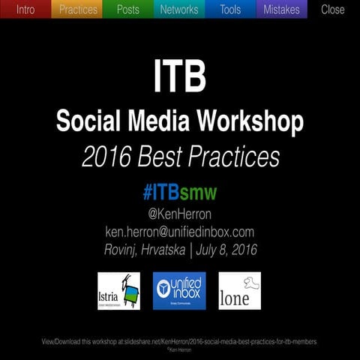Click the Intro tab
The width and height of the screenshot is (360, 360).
pos(25,10)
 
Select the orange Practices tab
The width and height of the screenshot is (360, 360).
pos(78,10)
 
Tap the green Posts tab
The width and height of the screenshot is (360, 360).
pos(128,10)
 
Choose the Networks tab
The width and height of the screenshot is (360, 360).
pos(179,10)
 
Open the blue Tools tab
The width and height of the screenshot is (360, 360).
pos(230,10)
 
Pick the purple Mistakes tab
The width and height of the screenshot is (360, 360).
pos(281,10)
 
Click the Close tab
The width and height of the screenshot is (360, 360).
pos(333,10)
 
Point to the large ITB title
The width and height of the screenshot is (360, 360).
pos(179,76)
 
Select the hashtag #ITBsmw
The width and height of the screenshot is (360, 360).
pos(179,193)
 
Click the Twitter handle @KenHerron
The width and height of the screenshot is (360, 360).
pos(179,214)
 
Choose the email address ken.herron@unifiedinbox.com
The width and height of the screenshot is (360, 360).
pos(179,232)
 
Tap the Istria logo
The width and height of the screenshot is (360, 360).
pos(118,291)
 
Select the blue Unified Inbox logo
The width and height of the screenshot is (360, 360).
pos(179,291)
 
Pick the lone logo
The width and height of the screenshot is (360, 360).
pos(239,291)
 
